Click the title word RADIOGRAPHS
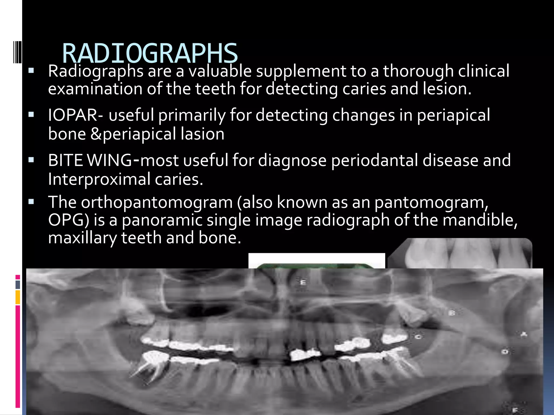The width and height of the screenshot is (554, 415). (x=150, y=53)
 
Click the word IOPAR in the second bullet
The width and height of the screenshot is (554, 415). (x=73, y=115)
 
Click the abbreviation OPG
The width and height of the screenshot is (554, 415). (x=68, y=220)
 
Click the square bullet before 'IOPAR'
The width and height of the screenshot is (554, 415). (x=31, y=115)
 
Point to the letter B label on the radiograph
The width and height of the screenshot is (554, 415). (x=452, y=313)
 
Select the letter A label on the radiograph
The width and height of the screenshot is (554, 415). (x=524, y=335)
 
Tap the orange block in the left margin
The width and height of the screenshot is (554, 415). (x=18, y=297)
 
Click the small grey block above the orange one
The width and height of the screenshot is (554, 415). (x=18, y=285)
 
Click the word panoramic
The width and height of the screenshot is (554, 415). (x=162, y=220)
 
